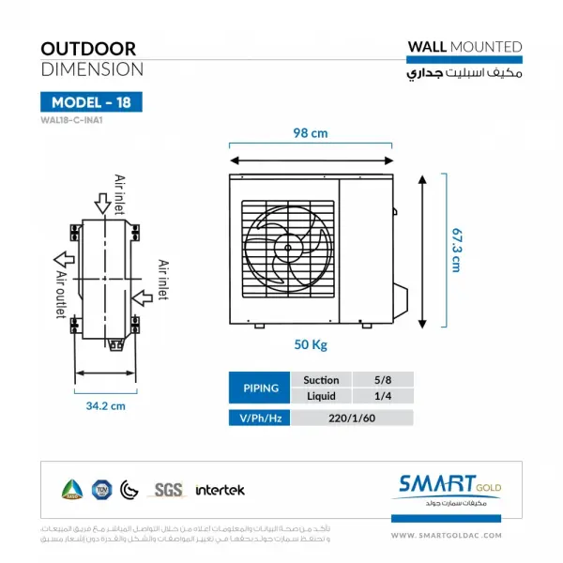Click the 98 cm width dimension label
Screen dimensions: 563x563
tap(309, 133)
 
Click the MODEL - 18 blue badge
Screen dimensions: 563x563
tap(89, 102)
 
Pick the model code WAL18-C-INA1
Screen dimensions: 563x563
tap(72, 120)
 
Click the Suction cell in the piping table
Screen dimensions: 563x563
tap(315, 380)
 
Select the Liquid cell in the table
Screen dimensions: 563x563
tap(315, 397)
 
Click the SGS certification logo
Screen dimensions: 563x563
tap(169, 489)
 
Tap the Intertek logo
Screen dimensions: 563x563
tap(220, 490)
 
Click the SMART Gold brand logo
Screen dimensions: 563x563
tap(451, 489)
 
